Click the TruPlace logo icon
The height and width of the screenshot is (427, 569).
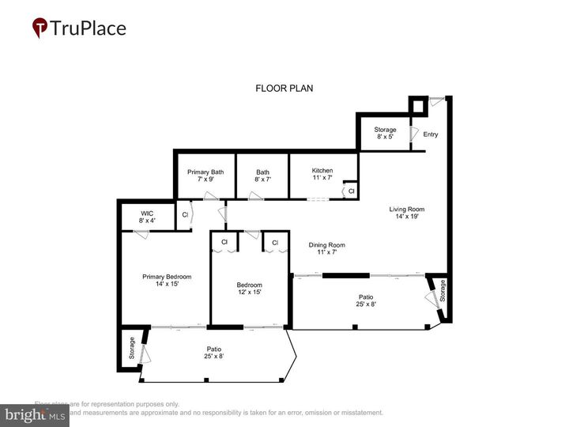(40, 28)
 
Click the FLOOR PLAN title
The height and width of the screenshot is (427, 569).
(284, 89)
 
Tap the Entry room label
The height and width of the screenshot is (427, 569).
(430, 134)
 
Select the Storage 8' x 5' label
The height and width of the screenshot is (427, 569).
(385, 133)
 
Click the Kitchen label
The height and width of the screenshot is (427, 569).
(322, 175)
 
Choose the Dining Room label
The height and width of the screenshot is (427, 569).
(326, 249)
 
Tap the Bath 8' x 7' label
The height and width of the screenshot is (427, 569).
(262, 176)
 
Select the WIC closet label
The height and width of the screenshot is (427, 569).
(146, 217)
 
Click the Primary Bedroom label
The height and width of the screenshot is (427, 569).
(166, 281)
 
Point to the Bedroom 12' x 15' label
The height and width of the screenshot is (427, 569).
(249, 289)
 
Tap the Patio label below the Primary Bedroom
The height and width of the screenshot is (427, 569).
(214, 353)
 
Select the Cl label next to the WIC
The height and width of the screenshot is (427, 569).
(185, 215)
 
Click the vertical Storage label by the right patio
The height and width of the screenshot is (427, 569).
(443, 291)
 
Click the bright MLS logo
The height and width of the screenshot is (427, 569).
(36, 414)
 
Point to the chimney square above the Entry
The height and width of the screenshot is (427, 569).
(417, 105)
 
